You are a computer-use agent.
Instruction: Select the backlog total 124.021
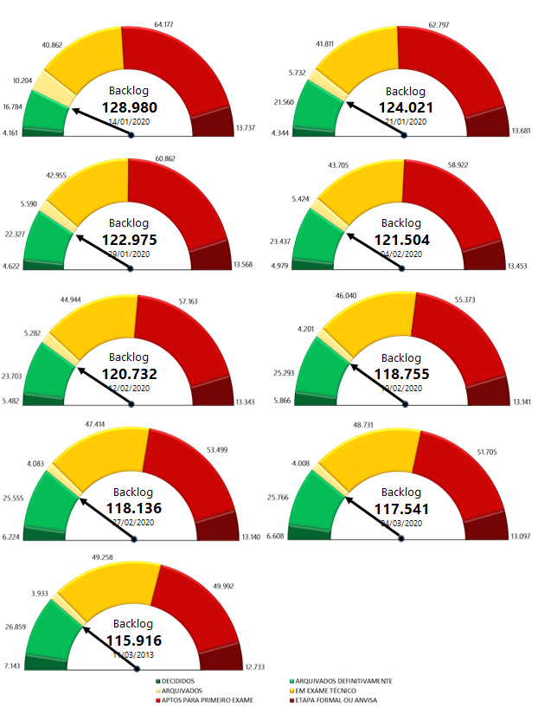405,106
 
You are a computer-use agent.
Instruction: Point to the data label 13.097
521,536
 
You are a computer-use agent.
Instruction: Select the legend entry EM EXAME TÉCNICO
333,691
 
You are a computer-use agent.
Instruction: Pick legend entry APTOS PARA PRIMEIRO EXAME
203,700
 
